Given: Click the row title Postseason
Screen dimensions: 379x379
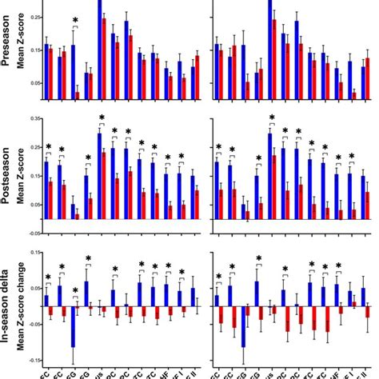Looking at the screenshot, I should pyautogui.click(x=9, y=172).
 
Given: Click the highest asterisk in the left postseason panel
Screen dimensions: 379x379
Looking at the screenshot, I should pyautogui.click(x=102, y=120).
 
